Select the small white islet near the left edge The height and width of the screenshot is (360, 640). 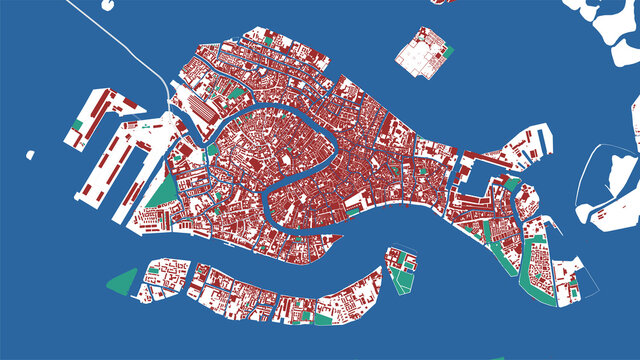pos(30,155)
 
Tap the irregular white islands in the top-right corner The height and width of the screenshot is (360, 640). pos(610,30)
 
